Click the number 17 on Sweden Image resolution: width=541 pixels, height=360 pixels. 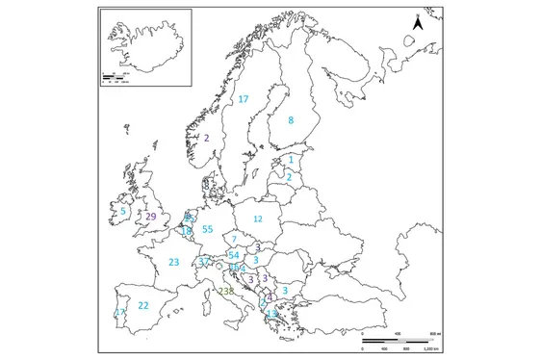point(244,99)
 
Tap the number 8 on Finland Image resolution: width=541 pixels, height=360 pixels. point(291,120)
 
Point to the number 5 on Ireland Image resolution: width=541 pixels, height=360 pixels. point(123,211)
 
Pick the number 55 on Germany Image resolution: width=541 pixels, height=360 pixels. point(207,229)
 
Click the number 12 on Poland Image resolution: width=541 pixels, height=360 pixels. point(257,219)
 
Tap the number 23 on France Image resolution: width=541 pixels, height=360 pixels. point(174,262)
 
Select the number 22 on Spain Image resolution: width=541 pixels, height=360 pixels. point(143,306)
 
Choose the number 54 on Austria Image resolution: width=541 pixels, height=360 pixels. point(234,254)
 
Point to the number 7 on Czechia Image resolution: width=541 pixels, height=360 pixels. point(234,239)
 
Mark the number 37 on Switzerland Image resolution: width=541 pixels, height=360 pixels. point(204,262)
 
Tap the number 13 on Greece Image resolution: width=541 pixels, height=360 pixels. point(272,314)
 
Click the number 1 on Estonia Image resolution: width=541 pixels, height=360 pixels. point(291,160)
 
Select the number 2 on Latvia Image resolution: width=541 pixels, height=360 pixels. point(288,177)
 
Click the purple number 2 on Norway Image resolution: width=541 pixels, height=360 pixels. point(206,138)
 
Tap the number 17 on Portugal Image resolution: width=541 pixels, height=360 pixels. point(118,313)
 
